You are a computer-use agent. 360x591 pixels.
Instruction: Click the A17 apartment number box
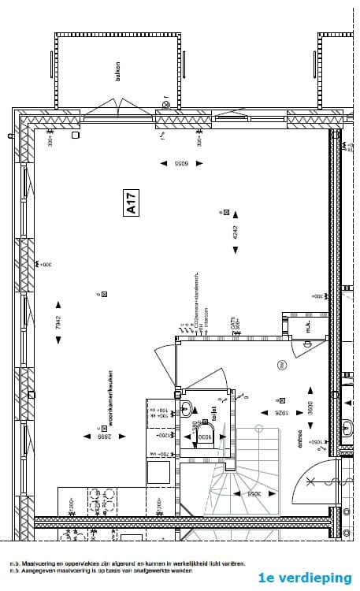[x=132, y=203]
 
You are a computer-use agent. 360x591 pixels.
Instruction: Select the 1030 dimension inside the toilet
[x=202, y=436]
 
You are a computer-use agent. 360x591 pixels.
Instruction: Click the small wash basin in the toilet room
[x=187, y=407]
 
